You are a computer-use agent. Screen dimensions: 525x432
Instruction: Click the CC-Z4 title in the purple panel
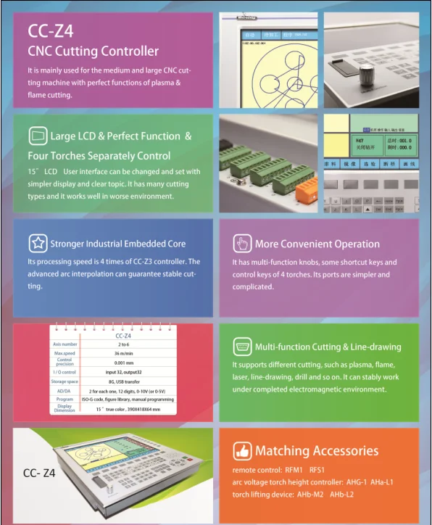[x=50, y=32]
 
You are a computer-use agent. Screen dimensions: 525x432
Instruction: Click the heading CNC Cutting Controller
[x=93, y=51]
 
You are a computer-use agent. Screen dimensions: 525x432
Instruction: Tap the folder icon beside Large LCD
[x=38, y=136]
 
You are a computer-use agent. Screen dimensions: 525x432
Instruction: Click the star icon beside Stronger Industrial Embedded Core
[x=38, y=244]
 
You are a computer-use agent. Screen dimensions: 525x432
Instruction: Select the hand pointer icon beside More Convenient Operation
[x=242, y=244]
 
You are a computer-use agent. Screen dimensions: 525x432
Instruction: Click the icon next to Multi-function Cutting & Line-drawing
[x=242, y=347]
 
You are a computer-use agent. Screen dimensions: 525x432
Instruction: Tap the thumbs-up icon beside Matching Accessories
[x=242, y=451]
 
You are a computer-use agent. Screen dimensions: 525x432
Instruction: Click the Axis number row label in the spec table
[x=65, y=344]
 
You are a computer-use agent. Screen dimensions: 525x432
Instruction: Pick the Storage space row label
[x=65, y=380]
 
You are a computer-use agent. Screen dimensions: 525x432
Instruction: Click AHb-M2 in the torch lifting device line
[x=310, y=494]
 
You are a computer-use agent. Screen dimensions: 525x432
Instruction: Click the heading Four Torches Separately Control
[x=99, y=156]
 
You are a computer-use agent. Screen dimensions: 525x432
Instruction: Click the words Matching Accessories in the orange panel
[x=317, y=451]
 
